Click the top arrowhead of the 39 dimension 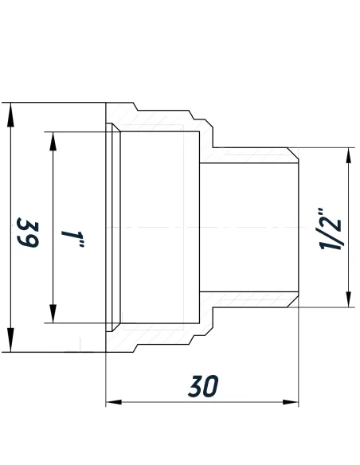pyautogui.click(x=10, y=112)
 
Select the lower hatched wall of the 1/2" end pyautogui.click(x=247, y=301)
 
